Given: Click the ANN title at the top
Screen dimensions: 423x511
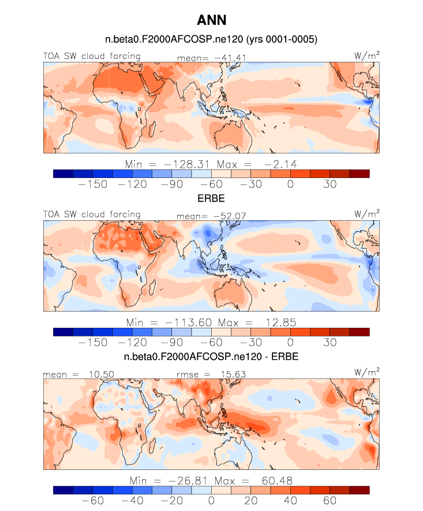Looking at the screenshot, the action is tap(211, 20).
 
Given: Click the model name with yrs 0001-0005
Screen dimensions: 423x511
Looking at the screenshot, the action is tap(211, 39).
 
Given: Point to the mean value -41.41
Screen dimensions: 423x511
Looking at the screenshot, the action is tap(230, 58).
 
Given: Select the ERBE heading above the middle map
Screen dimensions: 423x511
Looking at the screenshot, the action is tap(211, 198).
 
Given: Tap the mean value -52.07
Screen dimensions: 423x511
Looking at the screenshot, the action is tap(230, 216).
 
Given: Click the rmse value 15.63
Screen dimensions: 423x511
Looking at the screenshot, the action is tap(233, 375).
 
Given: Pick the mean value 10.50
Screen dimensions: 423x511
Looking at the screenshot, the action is tap(102, 375).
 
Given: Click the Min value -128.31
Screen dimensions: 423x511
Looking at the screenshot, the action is tap(186, 164).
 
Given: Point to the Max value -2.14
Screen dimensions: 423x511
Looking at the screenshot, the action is tap(280, 164).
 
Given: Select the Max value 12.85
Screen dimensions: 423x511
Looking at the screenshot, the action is tap(281, 323).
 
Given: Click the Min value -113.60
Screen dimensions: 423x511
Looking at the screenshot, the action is tap(188, 323).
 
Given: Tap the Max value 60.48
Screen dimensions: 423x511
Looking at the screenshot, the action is tap(277, 481).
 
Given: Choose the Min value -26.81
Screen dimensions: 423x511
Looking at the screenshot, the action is tap(188, 481).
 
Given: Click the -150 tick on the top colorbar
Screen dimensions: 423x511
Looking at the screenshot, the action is tap(93, 184).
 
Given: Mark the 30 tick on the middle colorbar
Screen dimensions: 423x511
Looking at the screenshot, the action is tap(330, 343).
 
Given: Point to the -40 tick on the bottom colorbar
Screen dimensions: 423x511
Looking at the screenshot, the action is tap(132, 501).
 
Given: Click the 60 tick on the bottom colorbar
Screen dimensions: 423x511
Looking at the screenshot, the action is tap(330, 501).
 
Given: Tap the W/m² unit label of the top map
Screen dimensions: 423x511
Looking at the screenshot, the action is tap(366, 55).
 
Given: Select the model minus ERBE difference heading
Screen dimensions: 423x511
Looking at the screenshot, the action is tap(211, 357).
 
